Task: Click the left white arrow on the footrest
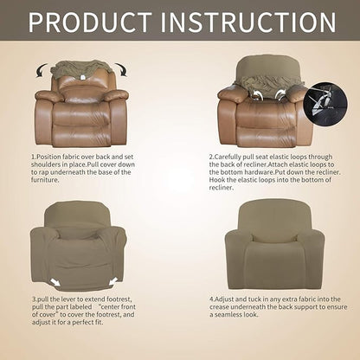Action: (56, 281)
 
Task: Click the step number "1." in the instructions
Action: (33, 157)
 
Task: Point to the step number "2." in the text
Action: (211, 157)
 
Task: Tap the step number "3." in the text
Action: (33, 299)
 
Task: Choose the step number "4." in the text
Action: (211, 299)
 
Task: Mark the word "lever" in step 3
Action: (73, 299)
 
